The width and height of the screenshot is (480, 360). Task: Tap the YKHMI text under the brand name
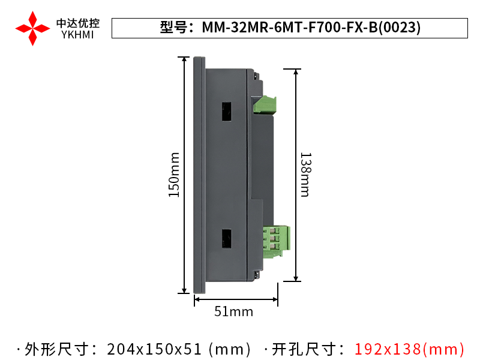(x=78, y=35)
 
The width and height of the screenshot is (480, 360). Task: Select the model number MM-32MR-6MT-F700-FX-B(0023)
(x=311, y=28)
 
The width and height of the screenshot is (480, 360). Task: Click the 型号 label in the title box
(x=174, y=28)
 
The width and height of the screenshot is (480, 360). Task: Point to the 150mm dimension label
(x=173, y=174)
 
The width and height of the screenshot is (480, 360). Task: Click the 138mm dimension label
(x=305, y=174)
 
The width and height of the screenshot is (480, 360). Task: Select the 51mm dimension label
(x=234, y=311)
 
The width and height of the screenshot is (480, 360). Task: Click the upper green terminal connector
(x=265, y=105)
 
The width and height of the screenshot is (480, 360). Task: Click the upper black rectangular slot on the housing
(x=227, y=112)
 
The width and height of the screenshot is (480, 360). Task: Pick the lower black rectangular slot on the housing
(x=227, y=239)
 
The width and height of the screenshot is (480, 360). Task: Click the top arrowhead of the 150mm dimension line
(x=184, y=59)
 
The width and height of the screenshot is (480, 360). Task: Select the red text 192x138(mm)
(x=409, y=349)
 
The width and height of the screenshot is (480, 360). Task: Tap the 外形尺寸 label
(x=60, y=349)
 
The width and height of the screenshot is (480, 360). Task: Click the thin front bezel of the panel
(x=199, y=174)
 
